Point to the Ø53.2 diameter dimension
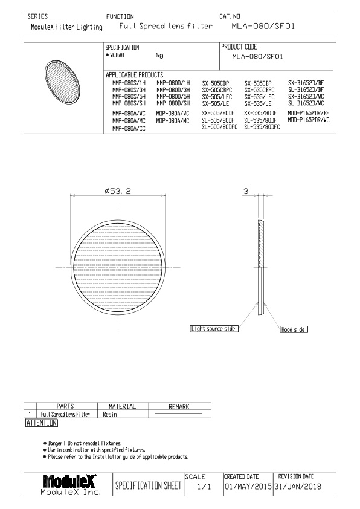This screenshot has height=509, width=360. tap(117, 192)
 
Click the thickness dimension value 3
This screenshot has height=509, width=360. tap(246, 192)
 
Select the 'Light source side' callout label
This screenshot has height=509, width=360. tap(213, 329)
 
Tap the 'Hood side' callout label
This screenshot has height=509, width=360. tap(293, 329)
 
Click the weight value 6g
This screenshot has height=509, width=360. tap(159, 56)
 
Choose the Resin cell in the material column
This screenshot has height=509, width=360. tap(110, 415)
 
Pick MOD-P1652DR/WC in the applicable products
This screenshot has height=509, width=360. tap(308, 120)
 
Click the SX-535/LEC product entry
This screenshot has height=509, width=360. tap(259, 96)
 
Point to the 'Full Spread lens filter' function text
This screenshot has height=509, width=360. tap(159, 27)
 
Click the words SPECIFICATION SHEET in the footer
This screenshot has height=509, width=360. tap(147, 486)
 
